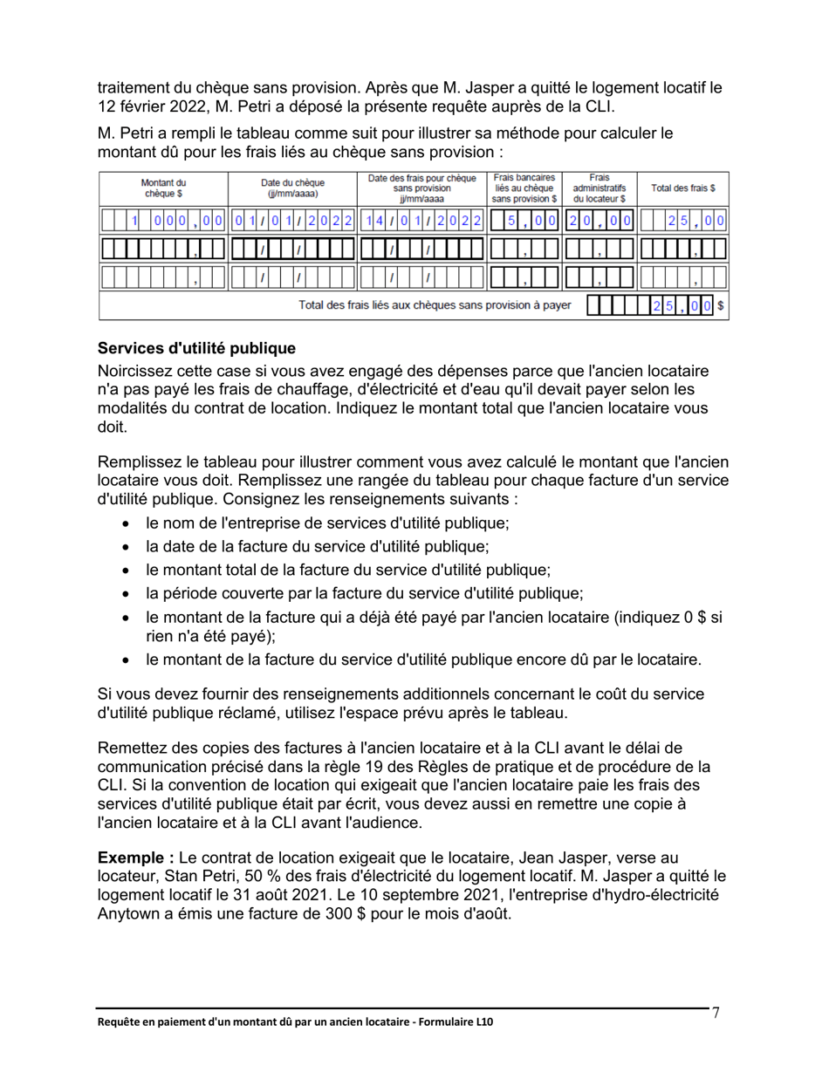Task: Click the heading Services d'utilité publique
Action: (x=196, y=349)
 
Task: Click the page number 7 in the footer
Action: (x=716, y=1013)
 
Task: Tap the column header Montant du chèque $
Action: (x=163, y=188)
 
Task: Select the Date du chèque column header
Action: (x=292, y=188)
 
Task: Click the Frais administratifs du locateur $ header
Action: (x=599, y=188)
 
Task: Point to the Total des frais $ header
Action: (x=683, y=188)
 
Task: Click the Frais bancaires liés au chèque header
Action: (x=524, y=188)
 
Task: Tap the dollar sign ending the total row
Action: (x=722, y=306)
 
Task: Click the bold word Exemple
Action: (x=129, y=858)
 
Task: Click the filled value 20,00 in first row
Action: (x=599, y=221)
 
